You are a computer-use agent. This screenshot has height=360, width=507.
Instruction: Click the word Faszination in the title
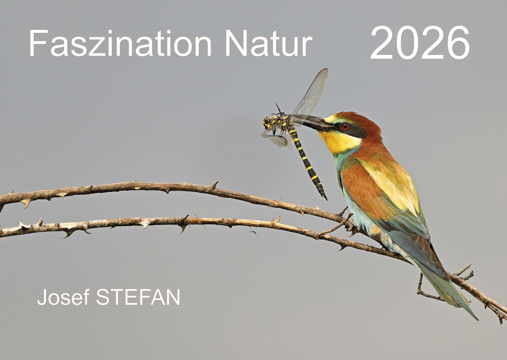coord(120,43)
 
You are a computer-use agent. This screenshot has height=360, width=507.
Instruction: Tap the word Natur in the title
coord(269,43)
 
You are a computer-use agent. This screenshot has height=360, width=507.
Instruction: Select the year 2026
coord(420,43)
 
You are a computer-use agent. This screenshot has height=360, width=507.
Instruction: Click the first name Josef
coord(63,297)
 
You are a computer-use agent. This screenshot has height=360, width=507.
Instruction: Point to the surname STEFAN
coord(138,297)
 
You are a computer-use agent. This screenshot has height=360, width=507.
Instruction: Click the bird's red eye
coord(345,127)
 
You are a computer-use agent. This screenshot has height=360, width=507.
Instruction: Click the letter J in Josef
coord(42,297)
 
